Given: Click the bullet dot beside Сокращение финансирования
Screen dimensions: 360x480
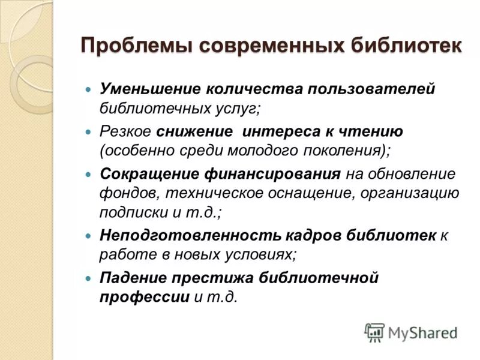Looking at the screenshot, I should (x=88, y=174).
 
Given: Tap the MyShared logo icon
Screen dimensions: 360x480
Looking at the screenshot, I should (x=374, y=332).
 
